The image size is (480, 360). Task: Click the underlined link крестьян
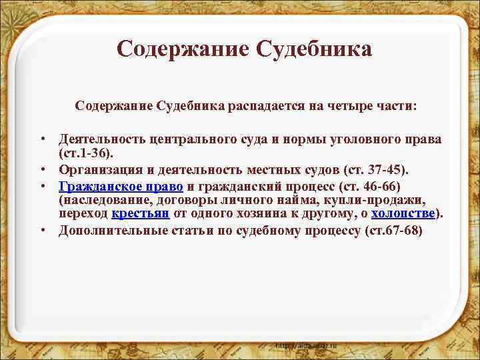click(141, 213)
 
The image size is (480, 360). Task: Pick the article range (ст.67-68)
click(392, 231)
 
